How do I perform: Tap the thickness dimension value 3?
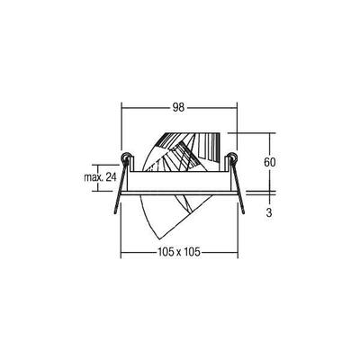(x=269, y=213)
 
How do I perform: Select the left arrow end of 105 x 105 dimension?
(x=120, y=251)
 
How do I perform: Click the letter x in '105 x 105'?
(x=178, y=251)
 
